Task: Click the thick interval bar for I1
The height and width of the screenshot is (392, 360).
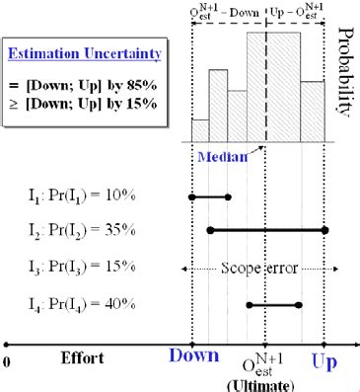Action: pos(210,196)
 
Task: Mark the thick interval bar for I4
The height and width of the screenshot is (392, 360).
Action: pos(274,305)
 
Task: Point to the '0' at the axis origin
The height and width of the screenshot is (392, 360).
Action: pos(8,359)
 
